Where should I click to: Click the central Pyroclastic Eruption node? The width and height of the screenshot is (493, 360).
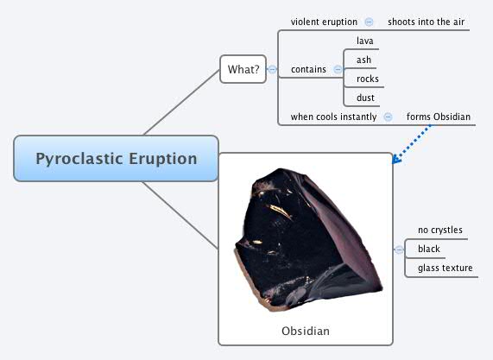point(116,159)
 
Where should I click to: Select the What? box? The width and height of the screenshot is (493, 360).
point(243,69)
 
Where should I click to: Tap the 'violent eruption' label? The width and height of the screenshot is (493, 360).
point(324,22)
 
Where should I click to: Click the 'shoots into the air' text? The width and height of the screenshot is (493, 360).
point(427,22)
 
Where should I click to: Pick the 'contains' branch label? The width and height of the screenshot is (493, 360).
point(308,69)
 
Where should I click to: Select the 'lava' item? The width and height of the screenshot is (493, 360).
point(364,41)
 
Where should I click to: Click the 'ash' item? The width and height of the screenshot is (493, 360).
point(363,60)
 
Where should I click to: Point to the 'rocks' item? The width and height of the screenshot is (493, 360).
point(367,79)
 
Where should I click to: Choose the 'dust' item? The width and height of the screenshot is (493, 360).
point(365,98)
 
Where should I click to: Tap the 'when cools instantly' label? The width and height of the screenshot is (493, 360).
point(333,117)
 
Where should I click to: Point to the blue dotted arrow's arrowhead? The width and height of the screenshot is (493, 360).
point(395,159)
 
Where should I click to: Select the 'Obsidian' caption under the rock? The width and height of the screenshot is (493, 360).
point(305,331)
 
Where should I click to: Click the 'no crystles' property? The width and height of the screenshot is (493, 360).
point(440,231)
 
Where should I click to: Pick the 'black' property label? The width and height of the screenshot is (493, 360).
point(429,249)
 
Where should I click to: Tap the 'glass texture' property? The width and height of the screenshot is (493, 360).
point(445,268)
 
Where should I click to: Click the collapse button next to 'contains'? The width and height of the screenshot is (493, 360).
point(338,70)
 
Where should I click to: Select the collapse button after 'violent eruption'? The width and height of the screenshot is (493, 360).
point(369,22)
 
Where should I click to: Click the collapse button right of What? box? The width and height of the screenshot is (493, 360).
point(272,69)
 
